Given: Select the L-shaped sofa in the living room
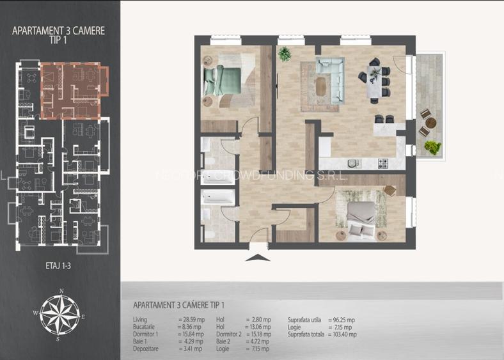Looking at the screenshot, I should click(330, 75).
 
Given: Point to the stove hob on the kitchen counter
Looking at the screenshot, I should click(383, 163).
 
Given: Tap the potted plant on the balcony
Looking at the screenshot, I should click(432, 147).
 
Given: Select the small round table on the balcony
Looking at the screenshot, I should click(429, 123).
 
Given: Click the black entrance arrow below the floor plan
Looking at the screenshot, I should click(258, 258).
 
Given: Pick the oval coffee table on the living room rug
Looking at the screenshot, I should click(321, 84).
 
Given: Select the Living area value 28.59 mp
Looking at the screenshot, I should click(192, 319).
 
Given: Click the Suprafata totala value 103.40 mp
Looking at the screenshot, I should click(343, 334).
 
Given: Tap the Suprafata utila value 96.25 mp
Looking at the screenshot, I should click(342, 320).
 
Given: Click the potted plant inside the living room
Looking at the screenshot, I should click(285, 54).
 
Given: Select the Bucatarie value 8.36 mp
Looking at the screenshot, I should click(190, 327).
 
